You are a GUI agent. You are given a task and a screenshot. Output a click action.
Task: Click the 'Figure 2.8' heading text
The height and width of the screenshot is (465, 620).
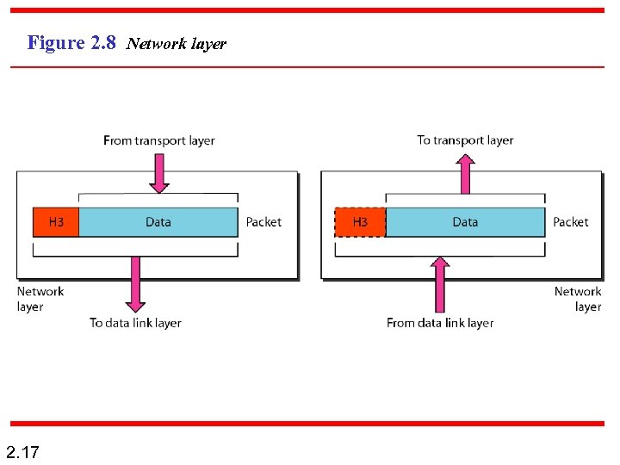coord(71,42)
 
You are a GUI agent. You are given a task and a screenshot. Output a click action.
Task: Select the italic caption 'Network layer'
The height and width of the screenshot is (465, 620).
coord(176,44)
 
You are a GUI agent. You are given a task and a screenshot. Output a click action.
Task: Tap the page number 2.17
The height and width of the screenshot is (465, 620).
coord(22,451)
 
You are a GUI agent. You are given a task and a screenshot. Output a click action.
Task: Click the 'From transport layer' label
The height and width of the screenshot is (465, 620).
coord(158,140)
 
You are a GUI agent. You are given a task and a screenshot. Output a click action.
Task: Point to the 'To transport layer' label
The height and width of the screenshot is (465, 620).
coord(465,139)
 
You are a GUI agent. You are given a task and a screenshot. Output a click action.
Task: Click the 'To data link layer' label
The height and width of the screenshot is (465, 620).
coord(135,323)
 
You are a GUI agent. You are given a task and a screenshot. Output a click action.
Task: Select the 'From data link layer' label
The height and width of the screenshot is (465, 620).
coord(440,323)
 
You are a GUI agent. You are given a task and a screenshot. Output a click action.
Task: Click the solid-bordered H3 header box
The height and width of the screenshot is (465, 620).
coord(55,222)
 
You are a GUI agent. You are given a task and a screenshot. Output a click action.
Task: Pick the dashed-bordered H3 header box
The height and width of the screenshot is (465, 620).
coord(360,222)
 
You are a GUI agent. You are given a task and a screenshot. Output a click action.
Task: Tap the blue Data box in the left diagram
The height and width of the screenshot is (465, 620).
coord(158,222)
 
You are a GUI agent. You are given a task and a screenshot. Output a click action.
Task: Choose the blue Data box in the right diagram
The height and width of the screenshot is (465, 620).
coord(465,222)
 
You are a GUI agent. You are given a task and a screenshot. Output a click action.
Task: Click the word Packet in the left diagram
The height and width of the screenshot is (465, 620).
coord(263,222)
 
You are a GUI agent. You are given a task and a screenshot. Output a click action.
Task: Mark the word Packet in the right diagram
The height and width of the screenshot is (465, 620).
coord(571,222)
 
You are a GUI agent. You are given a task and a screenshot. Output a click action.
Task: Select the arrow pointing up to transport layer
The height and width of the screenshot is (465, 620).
coord(466,173)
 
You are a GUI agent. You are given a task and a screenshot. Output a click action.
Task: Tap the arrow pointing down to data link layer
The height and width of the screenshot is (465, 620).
coord(135,284)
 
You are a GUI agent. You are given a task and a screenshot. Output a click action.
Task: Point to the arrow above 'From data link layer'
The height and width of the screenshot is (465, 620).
coord(440,284)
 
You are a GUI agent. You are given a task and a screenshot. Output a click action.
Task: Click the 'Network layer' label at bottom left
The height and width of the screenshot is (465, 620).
coord(40,299)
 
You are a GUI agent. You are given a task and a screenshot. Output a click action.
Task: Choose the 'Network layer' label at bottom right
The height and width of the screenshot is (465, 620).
coord(579,299)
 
